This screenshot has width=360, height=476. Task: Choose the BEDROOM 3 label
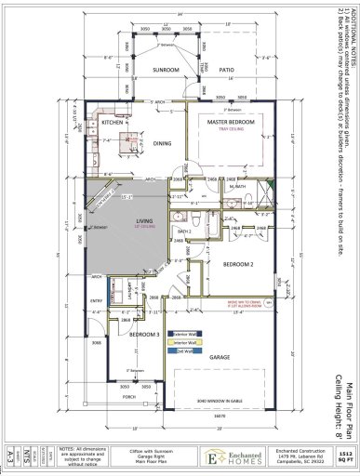[117, 333]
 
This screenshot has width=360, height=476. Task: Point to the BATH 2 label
[183, 231]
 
